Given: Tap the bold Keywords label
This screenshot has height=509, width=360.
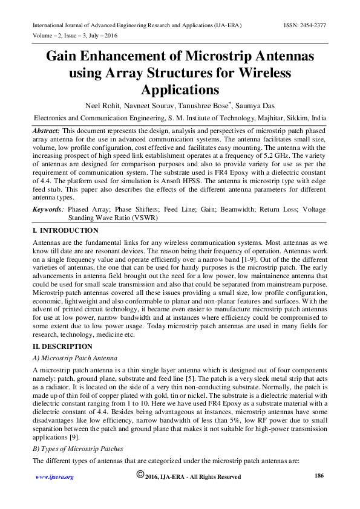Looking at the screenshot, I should tap(48, 209).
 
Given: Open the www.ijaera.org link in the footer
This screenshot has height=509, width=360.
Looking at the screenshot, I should tap(54, 477).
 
